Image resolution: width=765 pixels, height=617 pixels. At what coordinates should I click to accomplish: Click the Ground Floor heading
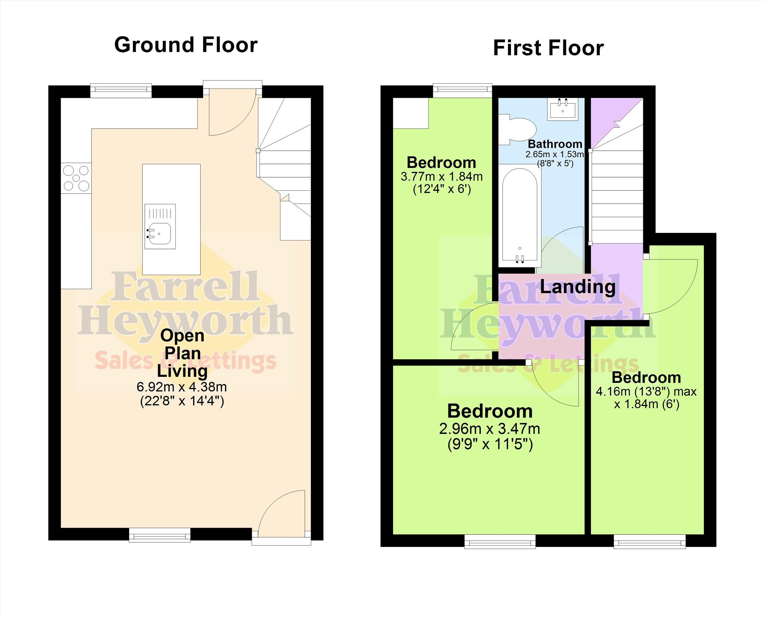pos(186,45)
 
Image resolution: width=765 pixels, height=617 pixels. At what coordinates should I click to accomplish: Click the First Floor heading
pos(548,48)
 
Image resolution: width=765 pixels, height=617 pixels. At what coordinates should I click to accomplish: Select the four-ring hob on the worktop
pos(76,178)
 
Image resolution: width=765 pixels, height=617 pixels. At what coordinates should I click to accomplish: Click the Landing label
pos(578,287)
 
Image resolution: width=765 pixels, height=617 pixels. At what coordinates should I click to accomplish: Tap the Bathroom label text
pos(555,144)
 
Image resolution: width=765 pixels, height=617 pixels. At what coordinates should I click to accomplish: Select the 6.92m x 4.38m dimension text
pos(181,387)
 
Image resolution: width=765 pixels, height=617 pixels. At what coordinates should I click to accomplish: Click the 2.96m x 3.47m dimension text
pos(490,429)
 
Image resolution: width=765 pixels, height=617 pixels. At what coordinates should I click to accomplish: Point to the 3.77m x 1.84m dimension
pos(442,177)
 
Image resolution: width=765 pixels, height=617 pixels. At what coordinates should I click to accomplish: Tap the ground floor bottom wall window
pos(159,535)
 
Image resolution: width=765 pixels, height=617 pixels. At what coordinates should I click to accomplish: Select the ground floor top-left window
pos(121,90)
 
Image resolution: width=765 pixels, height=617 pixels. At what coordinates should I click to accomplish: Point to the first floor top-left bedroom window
pos(462,90)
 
